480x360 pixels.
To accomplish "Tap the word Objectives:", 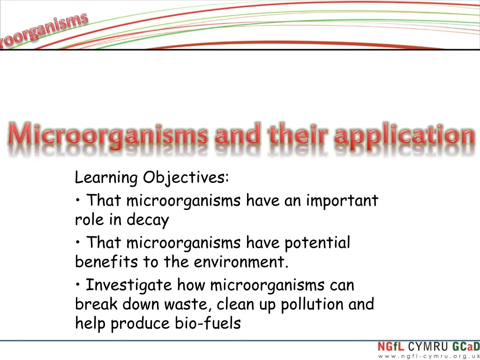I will (x=186, y=178).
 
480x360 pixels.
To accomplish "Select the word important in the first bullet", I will (x=342, y=201).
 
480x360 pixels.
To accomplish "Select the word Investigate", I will (x=129, y=285).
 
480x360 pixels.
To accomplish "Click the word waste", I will (x=189, y=304).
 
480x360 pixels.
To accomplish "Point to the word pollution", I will (x=312, y=304).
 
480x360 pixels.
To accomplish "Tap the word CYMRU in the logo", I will (x=427, y=348).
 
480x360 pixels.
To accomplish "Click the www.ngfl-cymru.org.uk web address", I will (x=428, y=356).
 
